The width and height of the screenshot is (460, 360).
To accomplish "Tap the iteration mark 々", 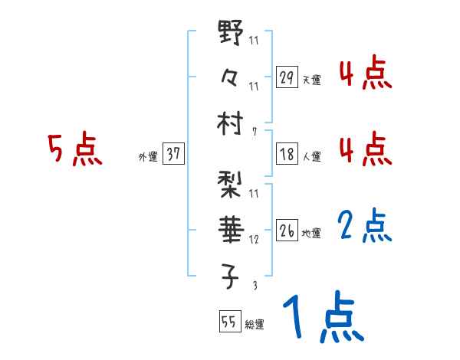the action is point(230,77).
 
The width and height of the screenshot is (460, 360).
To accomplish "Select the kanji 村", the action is point(230,123).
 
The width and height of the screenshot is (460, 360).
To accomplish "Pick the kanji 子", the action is point(230,277).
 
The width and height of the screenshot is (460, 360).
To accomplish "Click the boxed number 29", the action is point(287,77).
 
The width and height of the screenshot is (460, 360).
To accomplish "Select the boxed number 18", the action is point(287,154).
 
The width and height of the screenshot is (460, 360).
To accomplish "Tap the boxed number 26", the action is point(287,231).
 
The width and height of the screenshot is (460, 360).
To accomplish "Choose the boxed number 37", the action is point(173,154).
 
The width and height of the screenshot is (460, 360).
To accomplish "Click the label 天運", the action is point(311,80).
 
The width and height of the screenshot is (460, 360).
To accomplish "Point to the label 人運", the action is point(311,156).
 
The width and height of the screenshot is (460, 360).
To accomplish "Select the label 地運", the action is point(311,233).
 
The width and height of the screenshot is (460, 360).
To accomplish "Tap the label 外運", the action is point(148,156).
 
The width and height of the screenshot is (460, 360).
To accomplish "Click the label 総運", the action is point(254,323).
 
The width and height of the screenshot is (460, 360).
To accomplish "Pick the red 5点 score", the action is point(74,149).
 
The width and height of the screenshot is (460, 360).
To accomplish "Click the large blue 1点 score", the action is point(321,319).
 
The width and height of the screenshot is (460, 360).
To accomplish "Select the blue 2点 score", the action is point(365,226).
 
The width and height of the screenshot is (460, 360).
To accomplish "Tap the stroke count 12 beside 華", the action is point(254,239).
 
